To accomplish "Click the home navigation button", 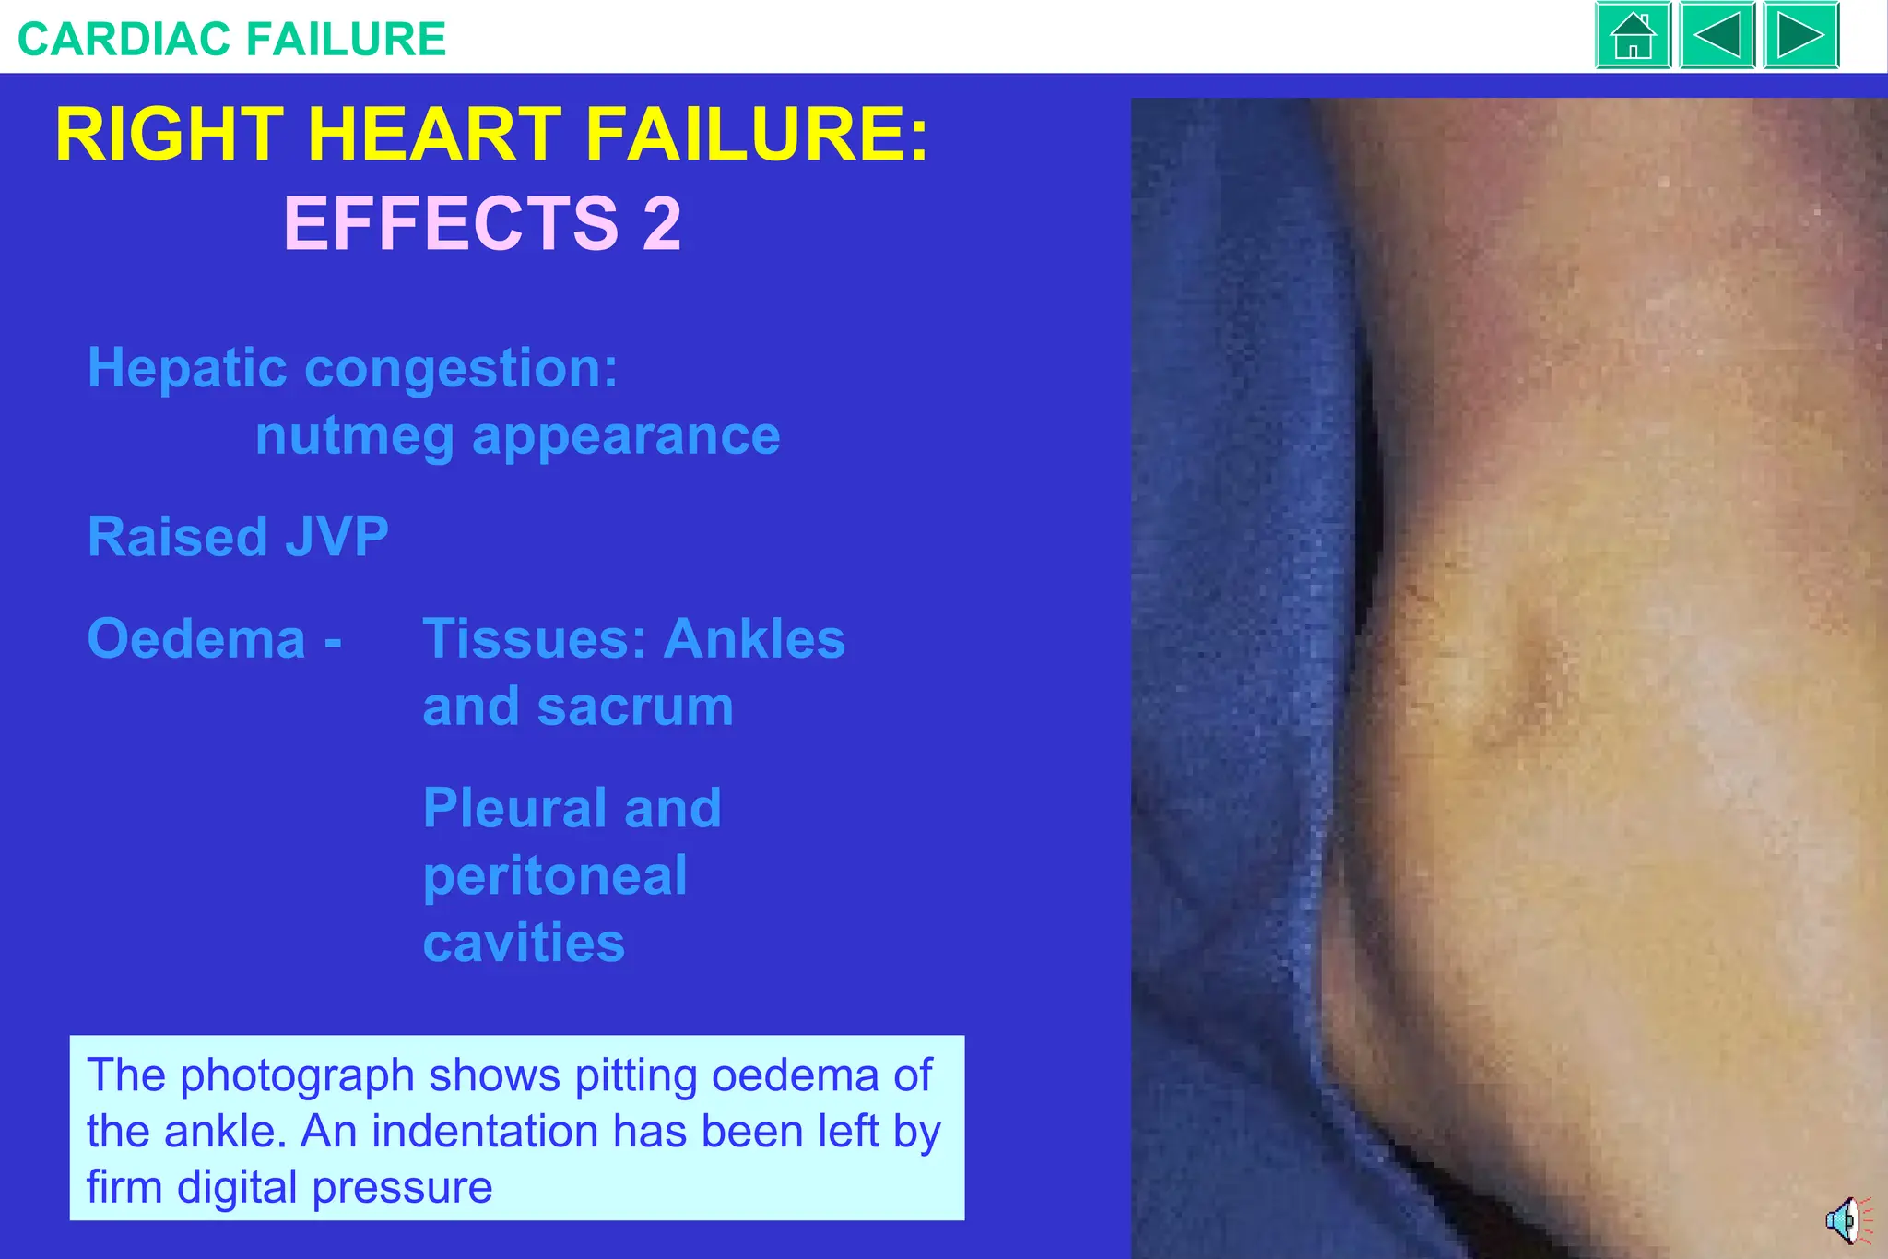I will click(1633, 36).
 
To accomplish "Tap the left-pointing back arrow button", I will click(1717, 36).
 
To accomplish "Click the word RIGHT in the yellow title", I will click(170, 136).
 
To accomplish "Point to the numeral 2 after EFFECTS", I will click(662, 224).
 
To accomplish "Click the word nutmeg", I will click(354, 436).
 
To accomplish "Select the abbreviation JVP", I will click(337, 537).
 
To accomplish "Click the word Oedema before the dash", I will click(196, 639).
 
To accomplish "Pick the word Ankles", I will click(754, 639).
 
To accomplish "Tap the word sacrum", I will click(635, 707).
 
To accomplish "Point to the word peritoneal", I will click(555, 876).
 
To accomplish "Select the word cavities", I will click(524, 944).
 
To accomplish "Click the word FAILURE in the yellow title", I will click(757, 136).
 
